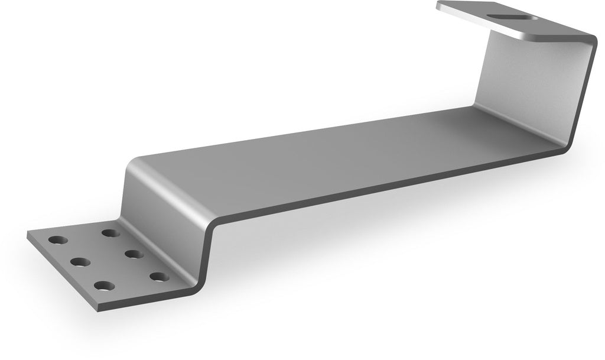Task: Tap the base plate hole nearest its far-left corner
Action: click(58, 241)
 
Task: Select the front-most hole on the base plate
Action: click(104, 286)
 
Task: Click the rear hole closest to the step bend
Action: click(110, 233)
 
